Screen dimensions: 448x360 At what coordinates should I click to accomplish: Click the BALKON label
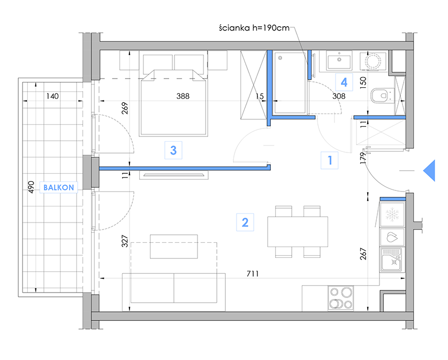click(58, 188)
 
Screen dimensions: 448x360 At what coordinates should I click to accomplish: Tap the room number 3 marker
click(173, 150)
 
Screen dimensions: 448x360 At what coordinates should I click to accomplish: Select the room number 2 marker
click(245, 223)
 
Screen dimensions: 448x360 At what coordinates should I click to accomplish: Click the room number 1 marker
click(330, 160)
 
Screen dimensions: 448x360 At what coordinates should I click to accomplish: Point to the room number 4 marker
click(344, 82)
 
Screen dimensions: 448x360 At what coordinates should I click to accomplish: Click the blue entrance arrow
click(429, 171)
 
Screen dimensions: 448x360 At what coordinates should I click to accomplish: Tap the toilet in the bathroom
click(382, 95)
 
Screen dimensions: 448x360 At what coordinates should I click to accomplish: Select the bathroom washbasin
click(339, 60)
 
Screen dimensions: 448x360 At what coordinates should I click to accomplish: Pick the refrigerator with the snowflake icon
click(392, 215)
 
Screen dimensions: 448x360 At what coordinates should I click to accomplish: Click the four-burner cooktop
click(341, 298)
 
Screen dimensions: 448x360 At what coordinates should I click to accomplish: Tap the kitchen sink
click(392, 260)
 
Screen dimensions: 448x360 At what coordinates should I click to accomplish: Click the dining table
click(298, 232)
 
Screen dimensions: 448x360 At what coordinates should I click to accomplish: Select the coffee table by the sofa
click(174, 247)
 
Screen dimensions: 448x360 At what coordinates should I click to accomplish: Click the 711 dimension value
click(253, 274)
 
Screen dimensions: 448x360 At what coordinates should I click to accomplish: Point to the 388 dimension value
click(183, 96)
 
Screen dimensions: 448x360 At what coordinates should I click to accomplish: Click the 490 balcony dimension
click(31, 187)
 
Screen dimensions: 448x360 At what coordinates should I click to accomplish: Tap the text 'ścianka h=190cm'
click(254, 28)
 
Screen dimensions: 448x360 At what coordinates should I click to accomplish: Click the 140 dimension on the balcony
click(52, 96)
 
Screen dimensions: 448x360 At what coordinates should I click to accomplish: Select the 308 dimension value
click(339, 96)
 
